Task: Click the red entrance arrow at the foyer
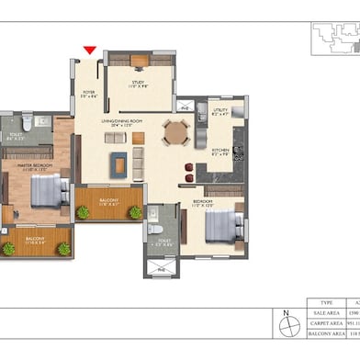coord(89,51)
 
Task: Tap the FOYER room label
coord(89,93)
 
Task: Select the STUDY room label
coord(138,84)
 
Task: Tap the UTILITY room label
coord(220,113)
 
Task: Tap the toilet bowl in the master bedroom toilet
coord(28,120)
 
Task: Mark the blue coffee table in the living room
coord(119,163)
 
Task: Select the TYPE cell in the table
coord(327,301)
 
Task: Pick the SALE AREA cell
coord(327,313)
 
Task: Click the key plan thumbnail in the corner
coord(334,37)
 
